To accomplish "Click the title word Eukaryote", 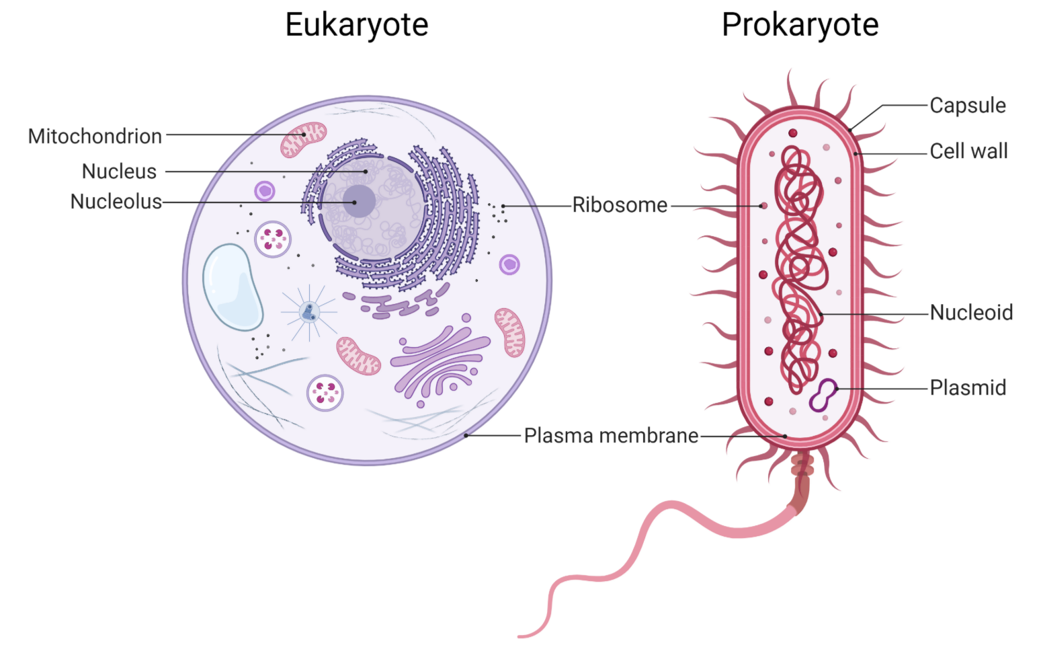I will [356, 26].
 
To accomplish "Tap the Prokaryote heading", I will [800, 26].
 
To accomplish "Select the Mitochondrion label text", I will [95, 137].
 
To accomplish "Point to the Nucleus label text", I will [119, 172].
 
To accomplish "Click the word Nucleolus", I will [116, 202].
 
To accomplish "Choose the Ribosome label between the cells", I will [620, 205].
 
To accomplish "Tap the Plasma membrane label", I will [611, 436].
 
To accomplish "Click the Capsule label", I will [968, 106].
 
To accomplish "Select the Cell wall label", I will [968, 151].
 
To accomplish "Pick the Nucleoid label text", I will [971, 313].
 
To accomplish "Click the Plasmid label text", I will [968, 388].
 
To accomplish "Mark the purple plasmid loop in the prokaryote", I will [823, 395].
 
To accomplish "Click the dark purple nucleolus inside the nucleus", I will [360, 201].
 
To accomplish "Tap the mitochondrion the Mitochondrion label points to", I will [303, 139].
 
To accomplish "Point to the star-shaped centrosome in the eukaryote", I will [309, 311].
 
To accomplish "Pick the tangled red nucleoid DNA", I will [799, 269].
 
